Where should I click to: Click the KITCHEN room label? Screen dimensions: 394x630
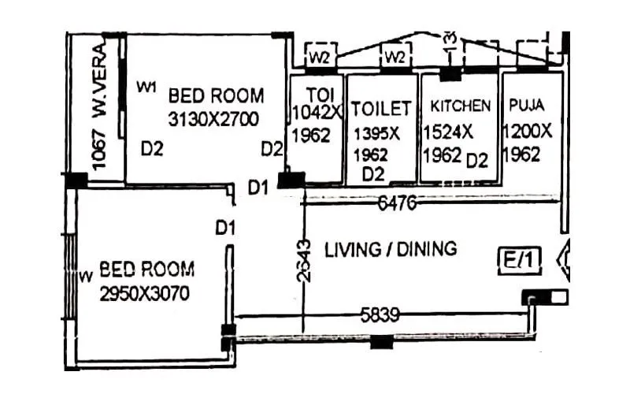[x=461, y=106]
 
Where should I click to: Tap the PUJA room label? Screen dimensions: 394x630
[x=526, y=104]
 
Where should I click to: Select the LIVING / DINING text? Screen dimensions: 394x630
[x=391, y=250]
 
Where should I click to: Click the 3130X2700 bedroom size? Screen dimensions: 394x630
[x=215, y=119]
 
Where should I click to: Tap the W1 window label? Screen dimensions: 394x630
[x=146, y=87]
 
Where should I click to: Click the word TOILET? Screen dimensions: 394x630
[x=381, y=108]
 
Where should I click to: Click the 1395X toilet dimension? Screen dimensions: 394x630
[x=376, y=132]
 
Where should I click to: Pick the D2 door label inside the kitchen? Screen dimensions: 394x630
[x=477, y=161]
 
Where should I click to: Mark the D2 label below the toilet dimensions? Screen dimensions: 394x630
[x=373, y=173]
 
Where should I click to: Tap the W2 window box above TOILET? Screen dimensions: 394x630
[x=394, y=58]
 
